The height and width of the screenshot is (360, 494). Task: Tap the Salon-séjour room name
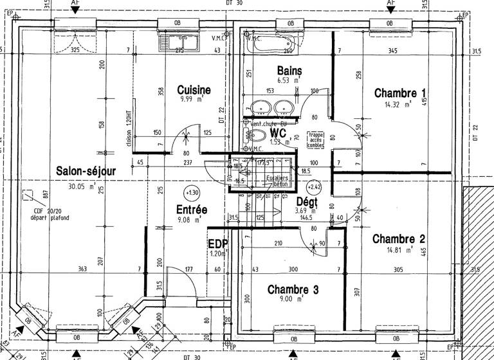coord(86,171)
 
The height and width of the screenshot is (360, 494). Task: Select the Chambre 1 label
coord(400,93)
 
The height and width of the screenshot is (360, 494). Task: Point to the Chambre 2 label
coord(399,239)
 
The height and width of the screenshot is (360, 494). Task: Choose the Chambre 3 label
coord(293,289)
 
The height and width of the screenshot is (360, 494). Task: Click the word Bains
coord(289,70)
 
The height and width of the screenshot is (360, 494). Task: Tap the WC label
coord(278,132)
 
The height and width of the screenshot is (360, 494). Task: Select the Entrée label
coord(192,210)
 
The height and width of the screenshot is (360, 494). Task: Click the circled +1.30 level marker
coord(191,192)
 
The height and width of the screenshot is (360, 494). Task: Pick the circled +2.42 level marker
coord(315,187)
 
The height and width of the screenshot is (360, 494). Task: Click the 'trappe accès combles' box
coord(316,140)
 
